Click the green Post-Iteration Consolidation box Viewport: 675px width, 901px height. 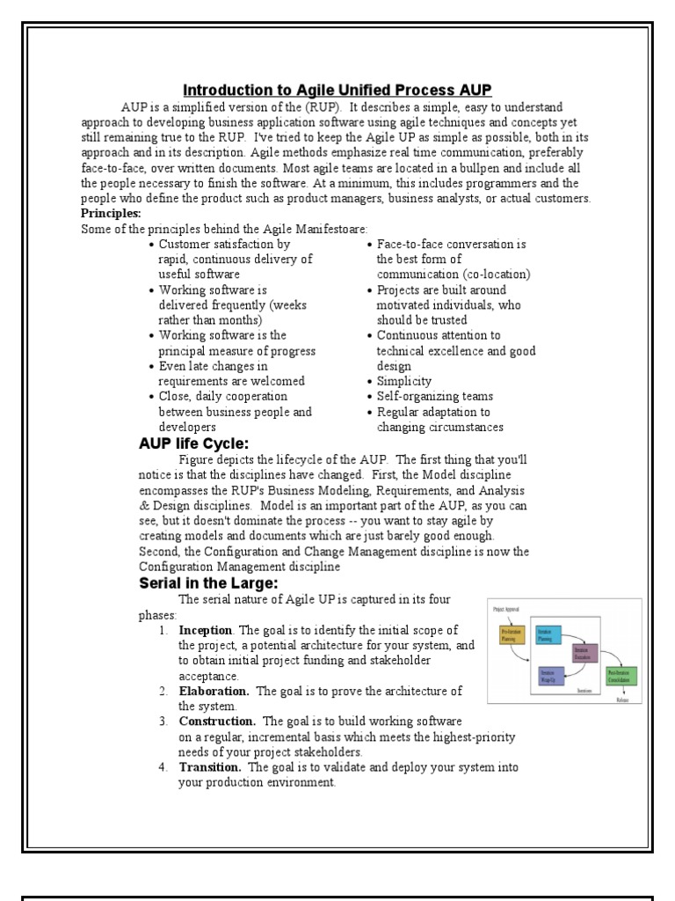pos(621,677)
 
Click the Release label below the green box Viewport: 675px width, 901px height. pos(622,701)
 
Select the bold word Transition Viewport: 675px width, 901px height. pos(210,767)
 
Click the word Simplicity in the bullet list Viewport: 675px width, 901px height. pos(403,381)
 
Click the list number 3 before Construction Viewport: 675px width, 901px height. pos(163,722)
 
